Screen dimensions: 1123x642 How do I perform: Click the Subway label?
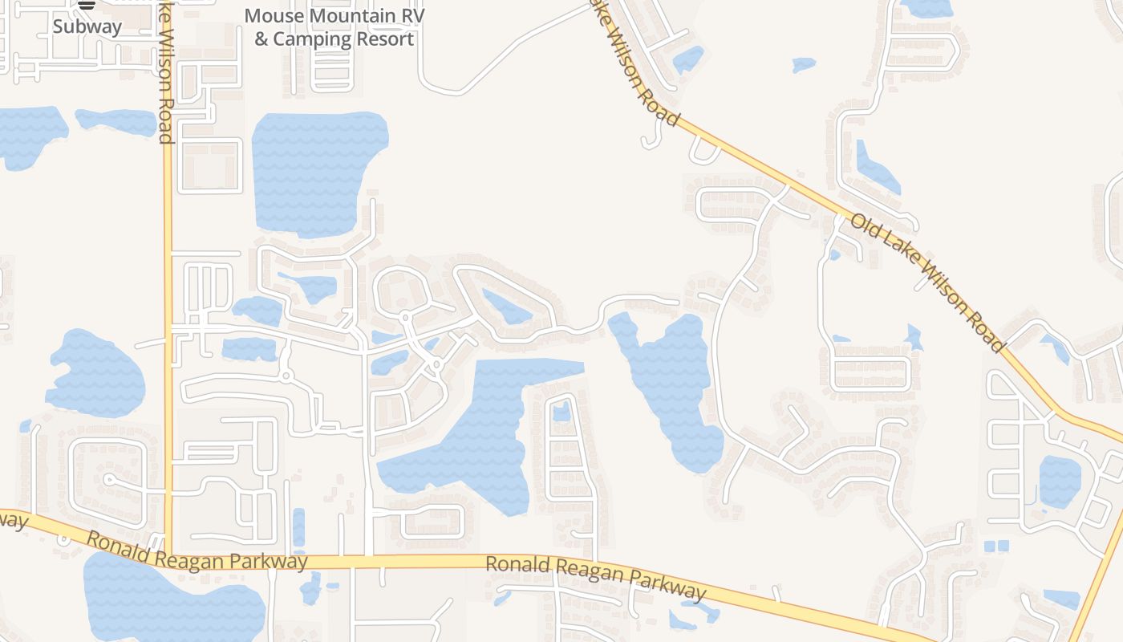87,26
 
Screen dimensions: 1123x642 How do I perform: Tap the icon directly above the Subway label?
87,5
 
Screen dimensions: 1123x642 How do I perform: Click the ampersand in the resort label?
261,39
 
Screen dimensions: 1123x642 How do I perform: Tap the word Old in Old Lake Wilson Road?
866,227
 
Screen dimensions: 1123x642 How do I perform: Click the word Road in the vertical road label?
166,125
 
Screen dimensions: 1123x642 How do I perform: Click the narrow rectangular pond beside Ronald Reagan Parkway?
298,526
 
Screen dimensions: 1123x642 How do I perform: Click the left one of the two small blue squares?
989,547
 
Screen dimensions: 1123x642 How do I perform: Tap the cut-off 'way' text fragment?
13,520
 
